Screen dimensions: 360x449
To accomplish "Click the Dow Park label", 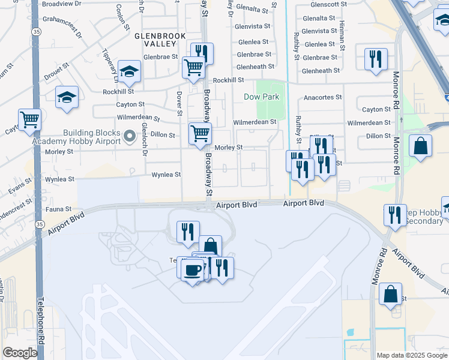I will tap(262, 97).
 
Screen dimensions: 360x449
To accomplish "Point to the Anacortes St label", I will tap(322, 97).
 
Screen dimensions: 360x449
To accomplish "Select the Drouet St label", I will tap(55, 76).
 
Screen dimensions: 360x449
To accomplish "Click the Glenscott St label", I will tap(317, 4).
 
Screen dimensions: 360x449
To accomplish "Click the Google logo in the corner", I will tap(20, 353).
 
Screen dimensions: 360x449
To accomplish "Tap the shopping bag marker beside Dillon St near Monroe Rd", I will tap(421, 146).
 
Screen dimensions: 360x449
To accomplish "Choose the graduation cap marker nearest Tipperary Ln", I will tap(129, 72).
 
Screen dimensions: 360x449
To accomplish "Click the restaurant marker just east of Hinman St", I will tap(376, 59).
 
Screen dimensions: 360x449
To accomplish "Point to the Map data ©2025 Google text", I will tap(412, 355).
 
